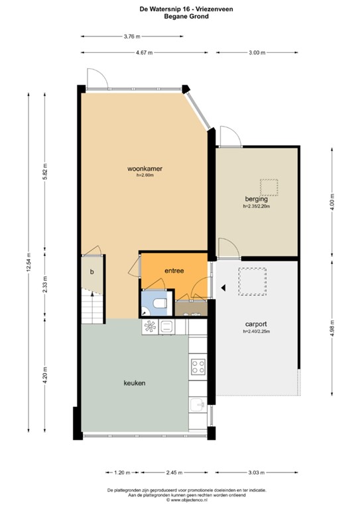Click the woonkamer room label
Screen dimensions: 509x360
pyautogui.click(x=145, y=169)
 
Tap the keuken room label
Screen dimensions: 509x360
pyautogui.click(x=134, y=383)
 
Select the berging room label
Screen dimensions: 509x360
pyautogui.click(x=255, y=199)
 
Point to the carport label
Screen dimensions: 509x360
pyautogui.click(x=255, y=325)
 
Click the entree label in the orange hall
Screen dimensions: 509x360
pyautogui.click(x=174, y=270)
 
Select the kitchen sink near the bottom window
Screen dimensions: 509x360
pyautogui.click(x=198, y=406)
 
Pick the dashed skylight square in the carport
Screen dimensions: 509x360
pyautogui.click(x=252, y=280)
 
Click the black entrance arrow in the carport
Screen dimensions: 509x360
pyautogui.click(x=223, y=288)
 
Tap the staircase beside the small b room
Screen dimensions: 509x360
pyautogui.click(x=91, y=307)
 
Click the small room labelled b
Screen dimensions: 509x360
pyautogui.click(x=92, y=272)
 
